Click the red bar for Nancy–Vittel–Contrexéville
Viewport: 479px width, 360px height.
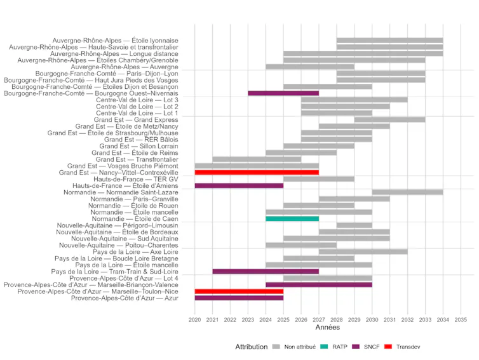[x=257, y=172]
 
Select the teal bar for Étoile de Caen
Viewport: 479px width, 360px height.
[x=292, y=218]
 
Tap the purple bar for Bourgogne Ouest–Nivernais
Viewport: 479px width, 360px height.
[x=283, y=93]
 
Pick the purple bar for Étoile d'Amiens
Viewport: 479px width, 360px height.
[x=239, y=185]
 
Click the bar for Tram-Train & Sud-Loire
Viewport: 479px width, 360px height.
[x=266, y=271]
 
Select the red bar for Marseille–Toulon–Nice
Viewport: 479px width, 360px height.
[x=239, y=291]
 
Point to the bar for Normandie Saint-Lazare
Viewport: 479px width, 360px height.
[x=407, y=192]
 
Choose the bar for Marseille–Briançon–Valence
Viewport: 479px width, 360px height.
[x=319, y=284]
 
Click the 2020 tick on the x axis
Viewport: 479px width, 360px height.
[x=195, y=319]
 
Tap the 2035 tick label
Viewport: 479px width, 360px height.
[x=461, y=319]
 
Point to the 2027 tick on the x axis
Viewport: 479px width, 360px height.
[x=319, y=319]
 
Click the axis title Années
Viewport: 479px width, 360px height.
[x=328, y=328]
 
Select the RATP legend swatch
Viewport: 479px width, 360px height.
[x=325, y=347]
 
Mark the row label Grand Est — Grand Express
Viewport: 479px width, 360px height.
[x=136, y=119]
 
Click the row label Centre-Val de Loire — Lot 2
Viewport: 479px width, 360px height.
[x=137, y=107]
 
